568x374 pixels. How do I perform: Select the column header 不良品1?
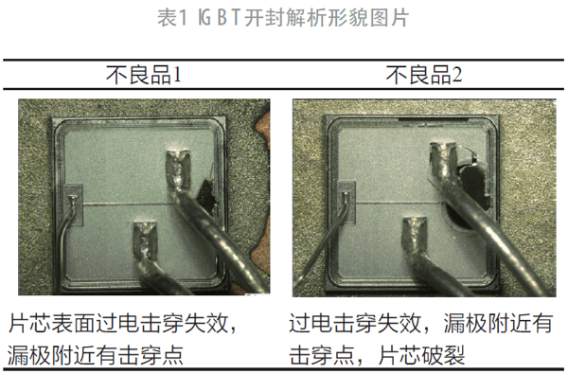point(143,74)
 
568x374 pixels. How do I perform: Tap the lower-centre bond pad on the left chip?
point(144,242)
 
